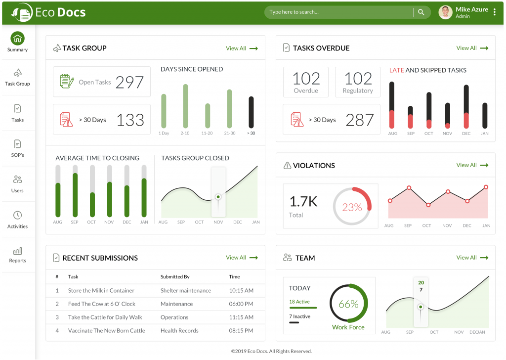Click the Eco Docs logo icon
point(22,12)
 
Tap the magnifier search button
point(421,12)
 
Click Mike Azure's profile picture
point(445,12)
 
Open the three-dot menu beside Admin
point(495,12)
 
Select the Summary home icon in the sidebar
point(17,39)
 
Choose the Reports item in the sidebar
point(17,255)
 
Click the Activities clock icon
point(17,215)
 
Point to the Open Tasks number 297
point(129,82)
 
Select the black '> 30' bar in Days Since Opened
point(251,112)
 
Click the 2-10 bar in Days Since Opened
point(185,106)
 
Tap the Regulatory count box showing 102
point(358,82)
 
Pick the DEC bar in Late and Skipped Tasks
point(466,107)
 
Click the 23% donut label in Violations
point(352,207)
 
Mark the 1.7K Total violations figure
point(303,202)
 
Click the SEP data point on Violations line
point(409,188)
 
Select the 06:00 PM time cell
point(241,304)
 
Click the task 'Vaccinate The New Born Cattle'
point(106,331)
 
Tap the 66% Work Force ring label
point(348,305)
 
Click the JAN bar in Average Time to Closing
point(144,197)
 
